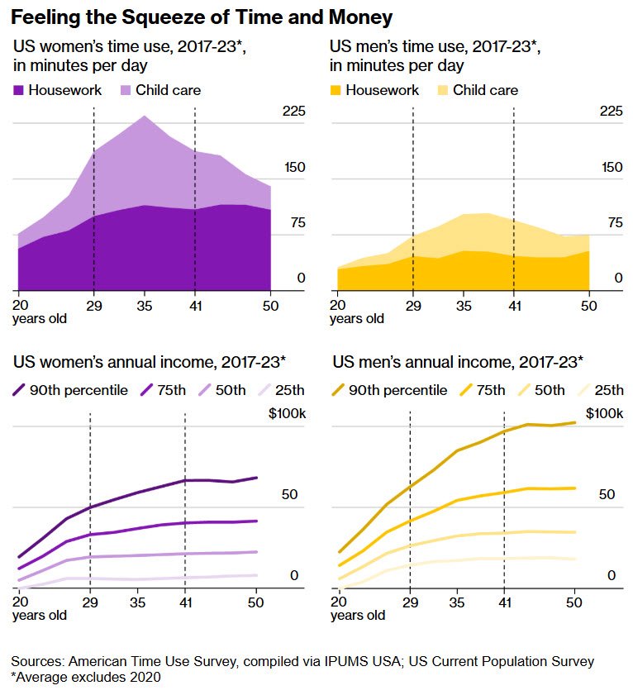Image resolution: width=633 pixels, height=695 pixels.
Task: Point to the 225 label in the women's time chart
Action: pos(294,111)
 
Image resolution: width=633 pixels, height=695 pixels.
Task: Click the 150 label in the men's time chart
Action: pos(611,167)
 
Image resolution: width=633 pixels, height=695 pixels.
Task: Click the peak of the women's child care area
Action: pos(145,116)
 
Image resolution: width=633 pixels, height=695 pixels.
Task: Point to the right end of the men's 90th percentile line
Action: pos(575,422)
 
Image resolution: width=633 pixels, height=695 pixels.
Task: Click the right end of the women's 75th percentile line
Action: pos(257,521)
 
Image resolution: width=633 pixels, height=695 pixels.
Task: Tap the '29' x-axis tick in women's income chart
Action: pos(89,602)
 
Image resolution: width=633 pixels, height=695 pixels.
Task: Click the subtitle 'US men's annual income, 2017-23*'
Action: pos(457,361)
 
